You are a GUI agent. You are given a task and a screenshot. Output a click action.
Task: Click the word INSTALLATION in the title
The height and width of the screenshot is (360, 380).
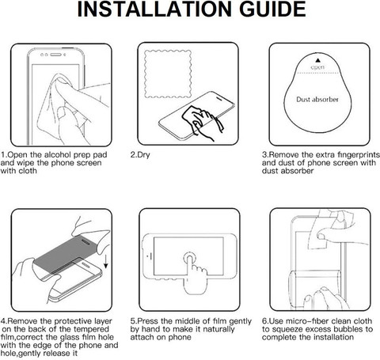coord(154,9)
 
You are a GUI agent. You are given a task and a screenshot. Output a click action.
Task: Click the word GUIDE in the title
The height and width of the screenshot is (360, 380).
coord(272,9)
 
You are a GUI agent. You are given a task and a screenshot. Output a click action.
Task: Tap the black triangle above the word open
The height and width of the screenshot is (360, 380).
coord(317,60)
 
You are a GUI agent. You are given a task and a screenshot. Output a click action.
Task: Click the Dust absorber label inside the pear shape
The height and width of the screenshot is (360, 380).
coord(317,100)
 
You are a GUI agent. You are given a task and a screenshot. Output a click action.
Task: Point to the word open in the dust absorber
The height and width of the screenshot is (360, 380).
coord(317,67)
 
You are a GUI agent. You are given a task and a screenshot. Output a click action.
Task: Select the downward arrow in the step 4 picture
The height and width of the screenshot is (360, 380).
coord(106,261)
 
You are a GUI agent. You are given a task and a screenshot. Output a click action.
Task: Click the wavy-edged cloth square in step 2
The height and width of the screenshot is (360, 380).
coord(168,74)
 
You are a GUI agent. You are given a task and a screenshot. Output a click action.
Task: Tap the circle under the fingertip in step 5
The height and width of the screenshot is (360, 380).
coord(190,258)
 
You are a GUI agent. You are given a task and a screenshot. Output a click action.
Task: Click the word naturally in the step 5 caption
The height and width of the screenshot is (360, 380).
coord(218,329)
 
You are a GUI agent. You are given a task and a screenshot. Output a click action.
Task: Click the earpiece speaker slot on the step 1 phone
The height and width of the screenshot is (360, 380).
coord(55,55)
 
